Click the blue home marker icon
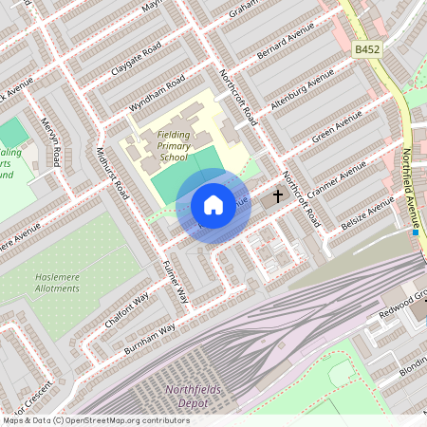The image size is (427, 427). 213,205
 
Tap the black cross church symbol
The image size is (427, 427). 278,196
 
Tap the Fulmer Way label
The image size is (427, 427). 176,281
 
